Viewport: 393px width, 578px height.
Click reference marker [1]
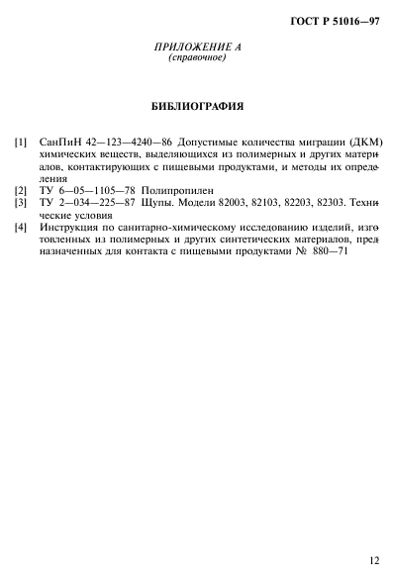click(21, 143)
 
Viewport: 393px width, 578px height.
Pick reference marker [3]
click(21, 201)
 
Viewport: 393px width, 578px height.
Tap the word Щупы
click(165, 201)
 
